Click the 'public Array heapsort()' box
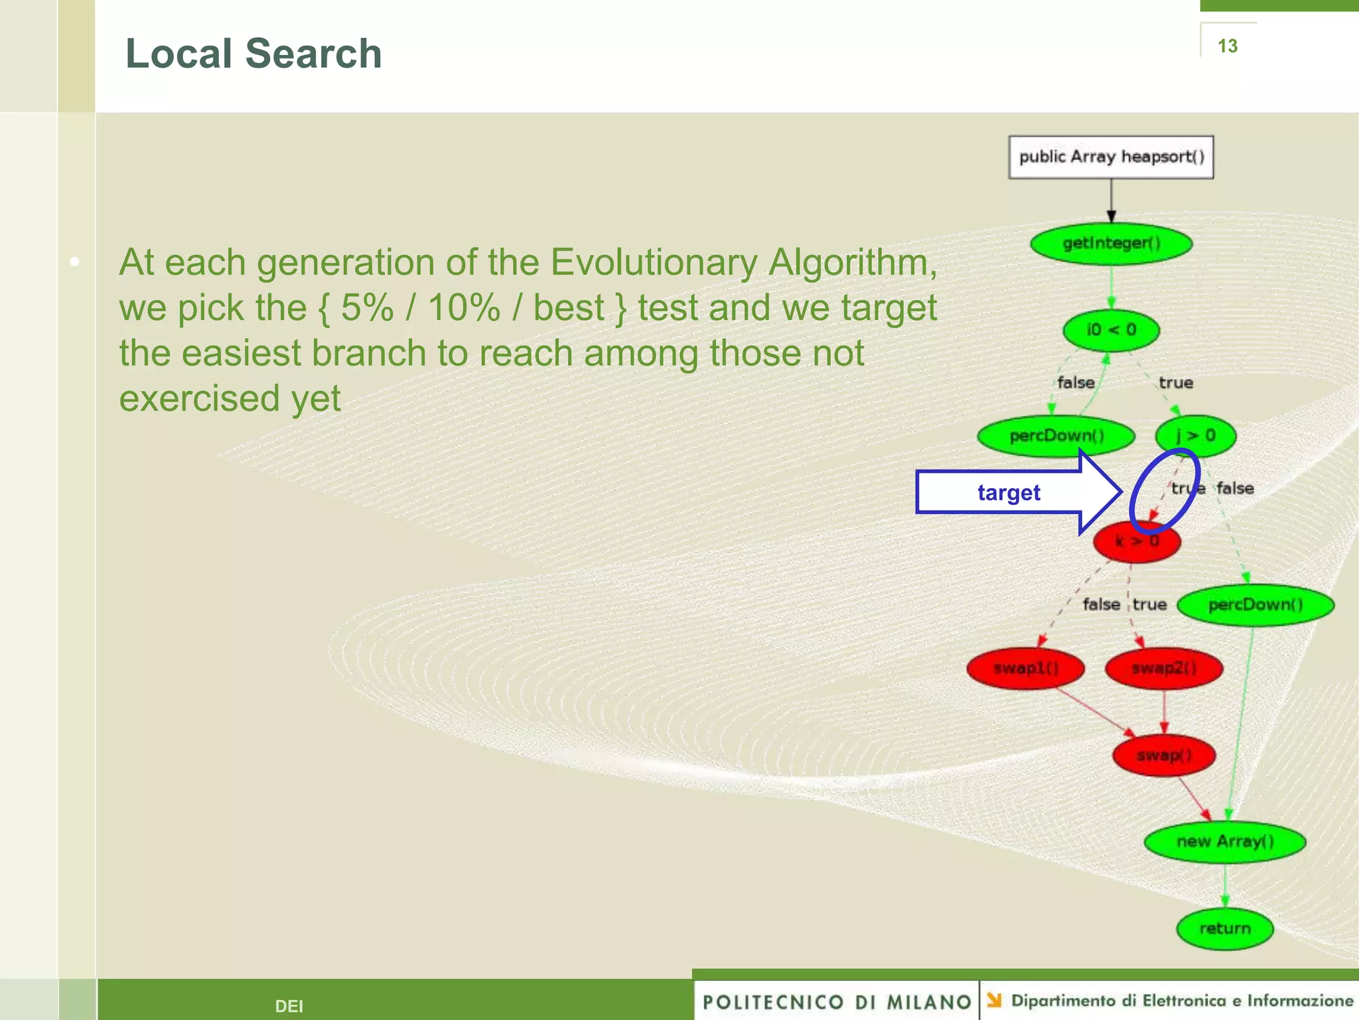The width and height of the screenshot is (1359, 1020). point(1111,157)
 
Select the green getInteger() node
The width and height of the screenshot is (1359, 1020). point(1111,243)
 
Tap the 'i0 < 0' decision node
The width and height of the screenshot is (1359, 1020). point(1111,330)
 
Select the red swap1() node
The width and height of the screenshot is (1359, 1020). point(1026,668)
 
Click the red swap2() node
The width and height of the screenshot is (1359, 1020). point(1164,668)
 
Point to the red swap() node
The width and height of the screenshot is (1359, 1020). point(1164,756)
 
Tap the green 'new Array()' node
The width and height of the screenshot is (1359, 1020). point(1225,841)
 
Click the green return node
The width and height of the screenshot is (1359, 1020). point(1225,928)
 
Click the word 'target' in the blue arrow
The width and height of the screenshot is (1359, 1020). point(1009,493)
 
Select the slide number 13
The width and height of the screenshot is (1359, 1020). point(1228,46)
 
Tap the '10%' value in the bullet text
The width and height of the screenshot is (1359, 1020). point(463,308)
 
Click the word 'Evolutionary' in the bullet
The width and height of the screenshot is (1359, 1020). point(653,262)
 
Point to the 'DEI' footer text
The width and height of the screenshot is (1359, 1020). point(289,1006)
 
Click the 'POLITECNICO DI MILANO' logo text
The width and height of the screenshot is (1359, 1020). point(837,1001)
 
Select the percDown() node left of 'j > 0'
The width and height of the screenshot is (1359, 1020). point(1056,436)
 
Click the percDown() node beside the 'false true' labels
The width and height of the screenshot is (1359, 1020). point(1255,605)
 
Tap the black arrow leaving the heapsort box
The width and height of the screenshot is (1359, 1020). point(1111,199)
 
